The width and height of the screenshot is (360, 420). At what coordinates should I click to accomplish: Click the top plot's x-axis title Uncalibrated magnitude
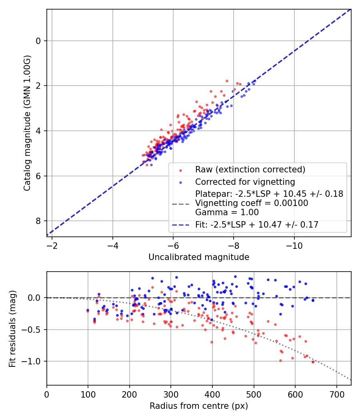point(199,257)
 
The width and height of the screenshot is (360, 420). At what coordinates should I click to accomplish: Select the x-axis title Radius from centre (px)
point(199,406)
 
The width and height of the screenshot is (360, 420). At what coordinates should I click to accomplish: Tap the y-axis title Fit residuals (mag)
point(12,328)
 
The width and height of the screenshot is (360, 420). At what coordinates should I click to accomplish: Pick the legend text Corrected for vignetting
point(245,182)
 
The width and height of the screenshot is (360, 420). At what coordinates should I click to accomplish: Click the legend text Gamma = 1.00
point(227,212)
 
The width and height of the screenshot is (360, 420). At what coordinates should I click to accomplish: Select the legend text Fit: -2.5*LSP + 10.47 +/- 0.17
point(257,225)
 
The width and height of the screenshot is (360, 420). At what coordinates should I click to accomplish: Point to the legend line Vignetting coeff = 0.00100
point(252,203)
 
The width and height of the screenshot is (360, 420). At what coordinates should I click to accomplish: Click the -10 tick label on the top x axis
point(294,245)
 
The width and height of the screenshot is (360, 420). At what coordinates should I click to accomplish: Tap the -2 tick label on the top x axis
point(52,245)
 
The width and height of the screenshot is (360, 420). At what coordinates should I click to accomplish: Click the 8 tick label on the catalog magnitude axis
point(38,221)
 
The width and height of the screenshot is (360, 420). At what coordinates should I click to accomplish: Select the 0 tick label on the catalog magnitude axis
point(38,41)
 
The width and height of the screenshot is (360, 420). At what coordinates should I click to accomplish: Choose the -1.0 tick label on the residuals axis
point(34,361)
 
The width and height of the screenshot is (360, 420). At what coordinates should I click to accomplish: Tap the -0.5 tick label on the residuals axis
point(34,330)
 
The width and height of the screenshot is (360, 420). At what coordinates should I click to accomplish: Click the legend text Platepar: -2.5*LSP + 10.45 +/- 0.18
point(269,194)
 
